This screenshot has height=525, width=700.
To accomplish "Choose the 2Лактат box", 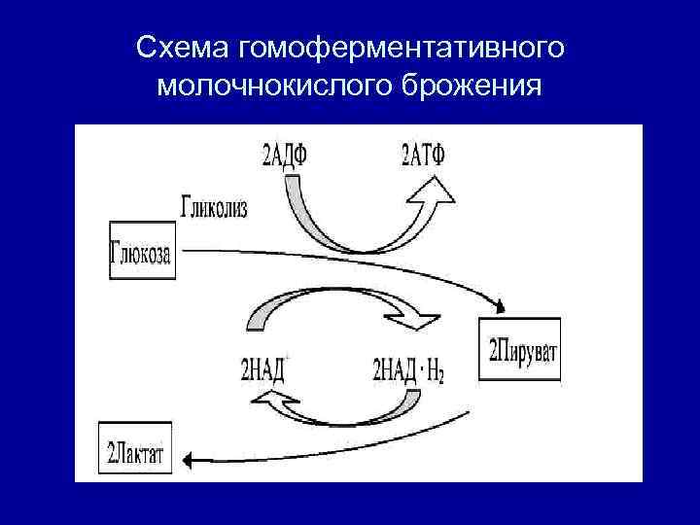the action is click(136, 452).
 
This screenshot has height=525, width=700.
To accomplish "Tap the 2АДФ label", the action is click(288, 155).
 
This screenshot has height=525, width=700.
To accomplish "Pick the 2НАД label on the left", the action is click(265, 369).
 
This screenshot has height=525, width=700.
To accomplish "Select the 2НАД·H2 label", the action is click(407, 370).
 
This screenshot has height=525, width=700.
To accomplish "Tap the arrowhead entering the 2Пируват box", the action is click(499, 307).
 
